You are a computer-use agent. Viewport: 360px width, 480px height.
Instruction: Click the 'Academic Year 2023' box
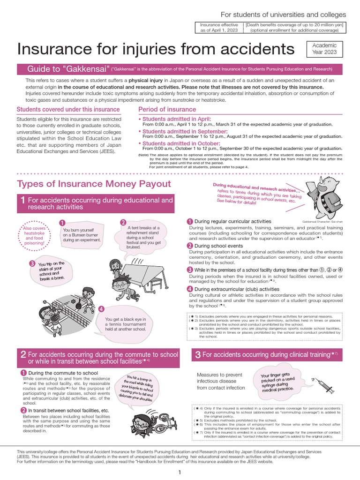tap(324, 49)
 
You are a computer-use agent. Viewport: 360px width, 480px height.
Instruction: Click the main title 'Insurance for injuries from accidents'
tap(156, 49)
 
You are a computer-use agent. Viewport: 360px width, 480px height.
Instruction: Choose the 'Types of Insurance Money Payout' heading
tap(94, 183)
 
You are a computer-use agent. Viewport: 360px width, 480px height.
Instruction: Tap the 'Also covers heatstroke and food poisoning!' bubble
tap(35, 233)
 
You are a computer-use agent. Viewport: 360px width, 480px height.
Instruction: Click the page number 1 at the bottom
tap(180, 472)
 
